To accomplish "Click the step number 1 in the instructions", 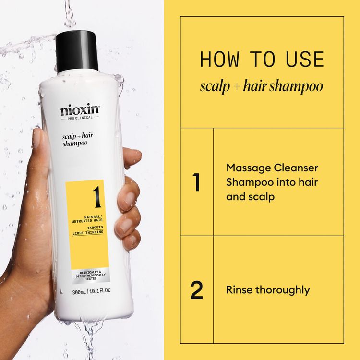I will pyautogui.click(x=195, y=183).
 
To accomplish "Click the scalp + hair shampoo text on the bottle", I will pyautogui.click(x=77, y=140).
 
